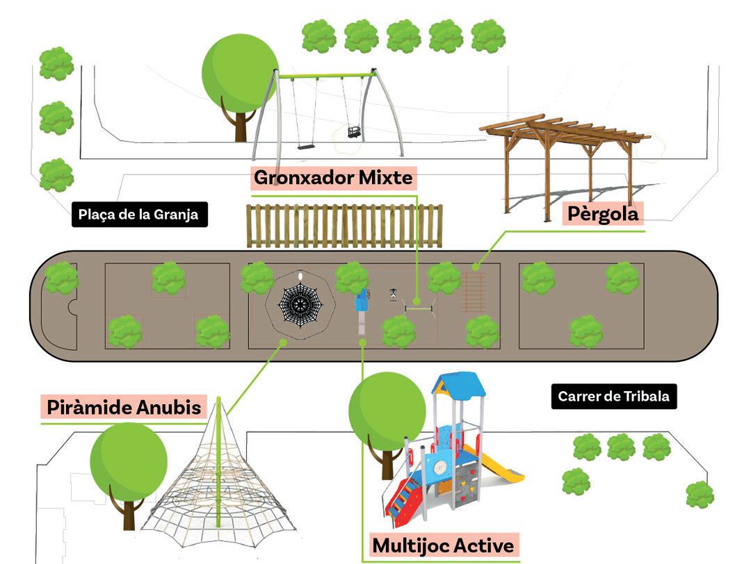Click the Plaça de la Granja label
(x=140, y=215)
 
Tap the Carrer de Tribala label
(x=613, y=397)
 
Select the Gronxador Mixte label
(x=333, y=179)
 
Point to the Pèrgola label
(x=602, y=213)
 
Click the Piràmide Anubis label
(x=124, y=407)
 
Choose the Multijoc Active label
(x=443, y=545)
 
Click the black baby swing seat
(x=355, y=131)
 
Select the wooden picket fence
(x=345, y=226)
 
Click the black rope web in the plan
(x=301, y=304)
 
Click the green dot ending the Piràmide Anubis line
(x=282, y=342)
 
